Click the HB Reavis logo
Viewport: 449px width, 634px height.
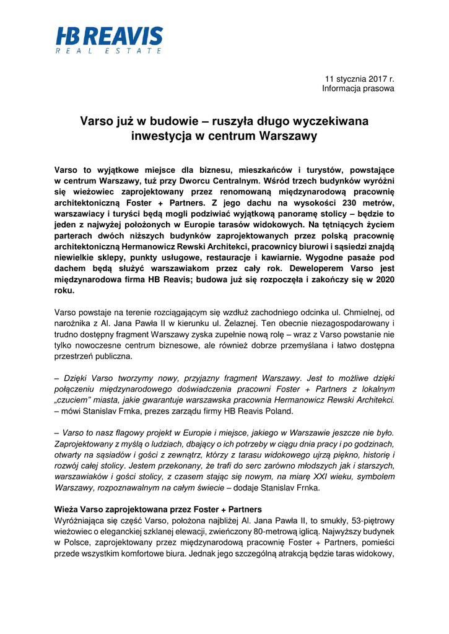click(x=109, y=37)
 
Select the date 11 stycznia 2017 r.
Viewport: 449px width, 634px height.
click(x=360, y=79)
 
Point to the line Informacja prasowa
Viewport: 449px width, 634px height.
click(x=358, y=89)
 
